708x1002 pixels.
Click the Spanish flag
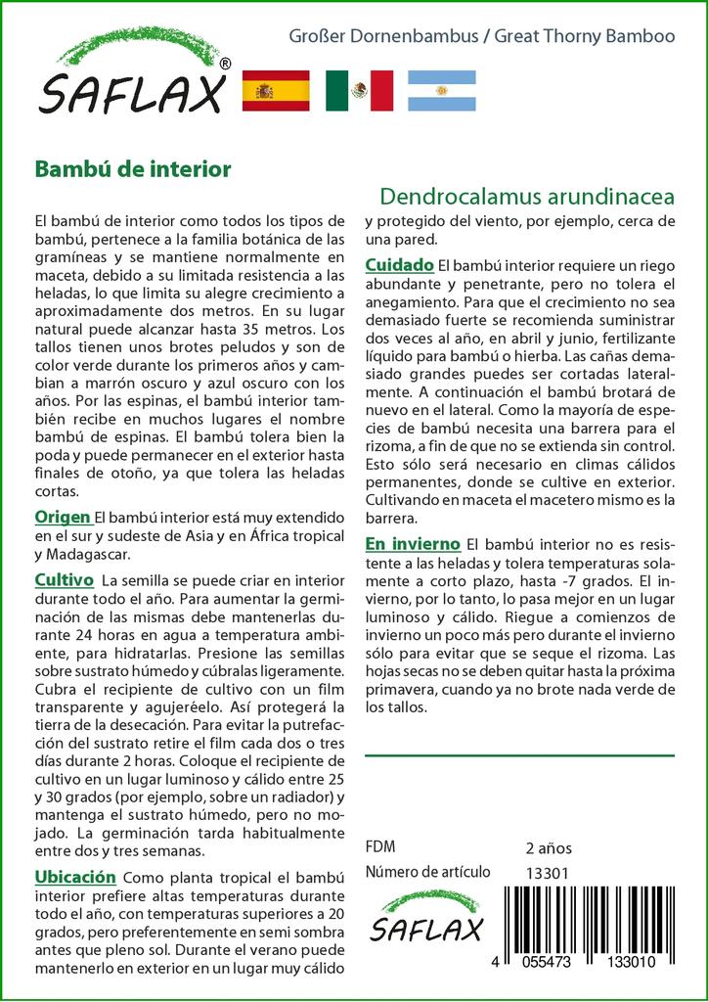275,91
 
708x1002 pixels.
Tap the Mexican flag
359,91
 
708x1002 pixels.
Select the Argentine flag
441,91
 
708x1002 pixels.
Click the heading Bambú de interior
133,169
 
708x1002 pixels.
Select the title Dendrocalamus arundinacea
519,194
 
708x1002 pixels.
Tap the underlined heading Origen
63,517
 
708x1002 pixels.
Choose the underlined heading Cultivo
64,579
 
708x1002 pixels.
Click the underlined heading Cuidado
399,265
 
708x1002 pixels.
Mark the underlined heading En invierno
412,543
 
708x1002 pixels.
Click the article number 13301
547,873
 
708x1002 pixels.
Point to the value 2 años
549,847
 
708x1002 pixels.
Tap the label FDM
379,847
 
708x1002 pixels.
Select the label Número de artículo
425,873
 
